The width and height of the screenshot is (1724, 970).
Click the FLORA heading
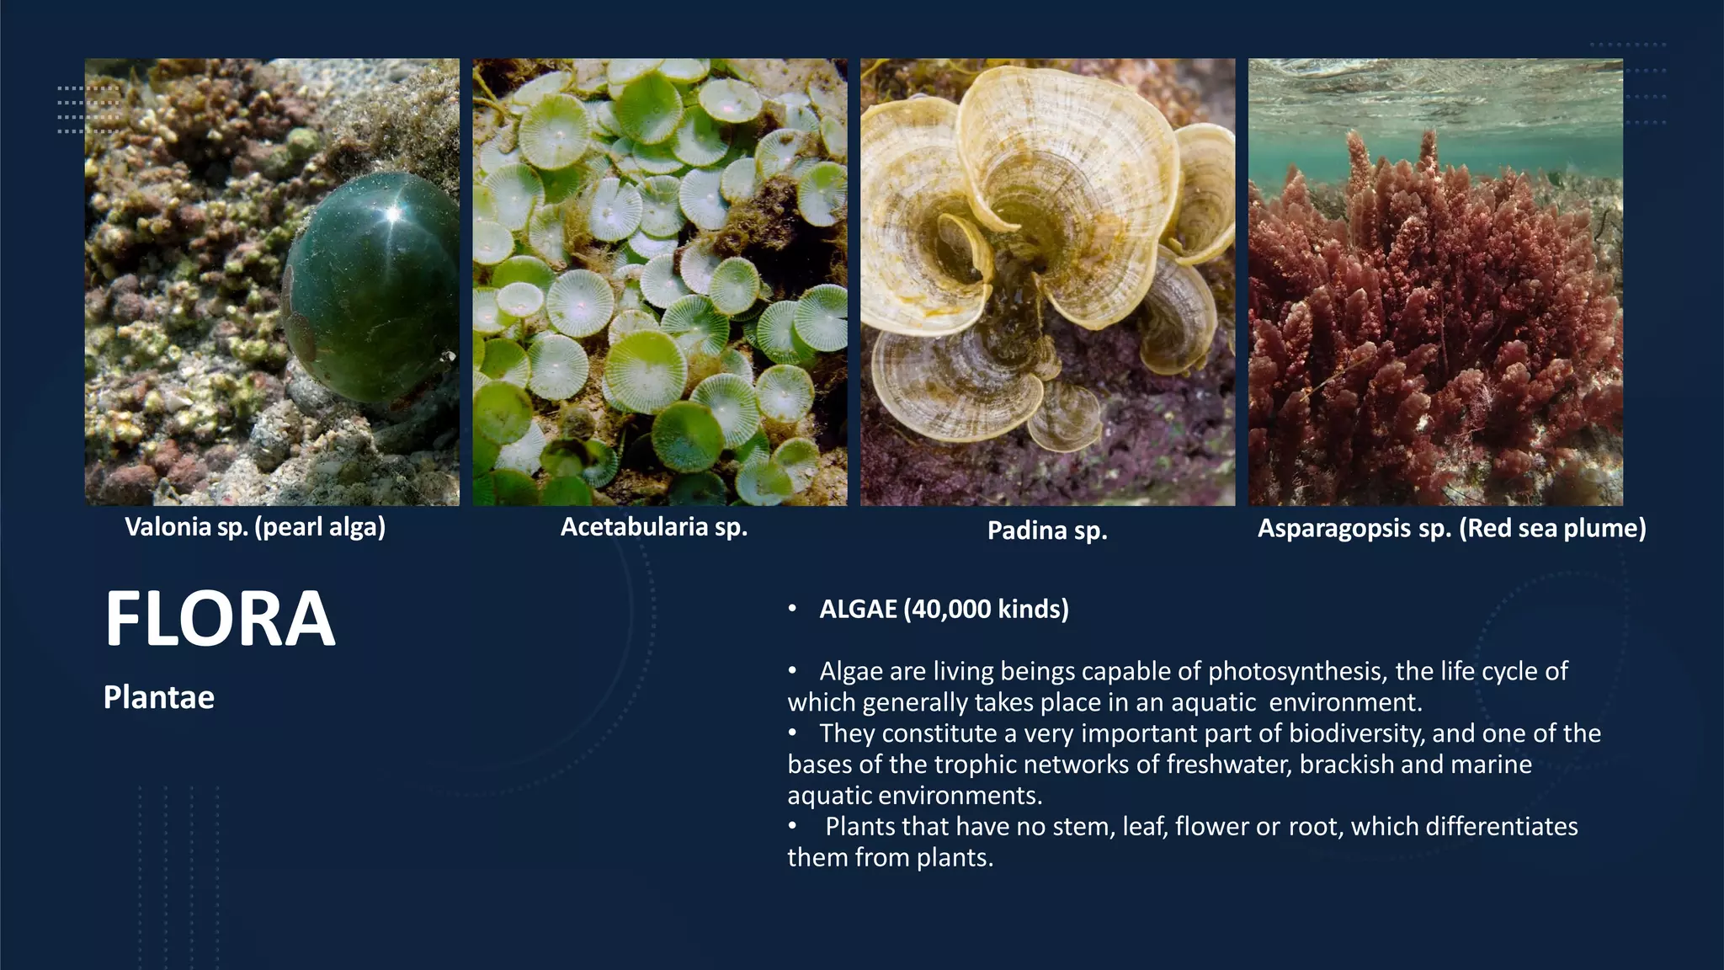coord(220,620)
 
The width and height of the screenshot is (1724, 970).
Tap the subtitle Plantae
coord(159,697)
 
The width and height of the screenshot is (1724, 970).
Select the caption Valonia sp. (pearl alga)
coord(255,527)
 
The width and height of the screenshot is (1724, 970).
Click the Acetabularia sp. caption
coord(654,527)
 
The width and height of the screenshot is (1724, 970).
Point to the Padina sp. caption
coord(1047,530)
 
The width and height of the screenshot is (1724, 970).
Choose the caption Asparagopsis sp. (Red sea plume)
coord(1451,528)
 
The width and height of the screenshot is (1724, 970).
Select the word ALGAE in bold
coord(859,609)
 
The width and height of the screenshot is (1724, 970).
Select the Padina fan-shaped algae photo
coord(1047,282)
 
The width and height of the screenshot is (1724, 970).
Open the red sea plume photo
coord(1435,282)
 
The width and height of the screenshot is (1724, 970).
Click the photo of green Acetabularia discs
coord(660,282)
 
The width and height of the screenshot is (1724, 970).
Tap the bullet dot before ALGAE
coord(792,609)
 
